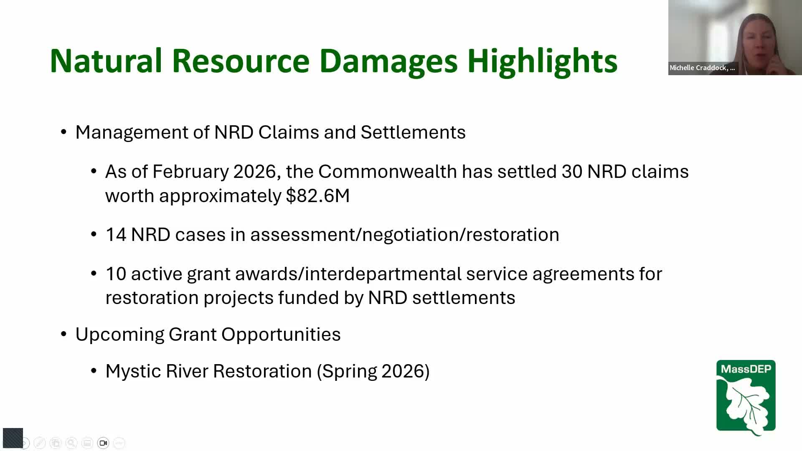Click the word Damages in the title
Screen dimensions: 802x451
tap(388, 61)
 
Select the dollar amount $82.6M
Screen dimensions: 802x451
tap(318, 195)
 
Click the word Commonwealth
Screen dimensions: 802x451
tap(387, 172)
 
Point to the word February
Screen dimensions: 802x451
tap(190, 172)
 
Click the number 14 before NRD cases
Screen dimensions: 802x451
tap(116, 235)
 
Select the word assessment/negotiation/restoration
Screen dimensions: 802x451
tap(405, 235)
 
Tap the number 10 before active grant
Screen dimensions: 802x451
tap(116, 274)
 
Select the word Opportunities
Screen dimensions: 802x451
tap(281, 334)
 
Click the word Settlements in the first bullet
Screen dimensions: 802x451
tap(413, 132)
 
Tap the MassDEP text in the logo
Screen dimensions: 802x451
tap(746, 369)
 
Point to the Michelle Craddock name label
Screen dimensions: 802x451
tap(702, 68)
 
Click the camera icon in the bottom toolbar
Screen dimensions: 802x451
tap(103, 443)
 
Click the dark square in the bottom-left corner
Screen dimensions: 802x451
tap(13, 438)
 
